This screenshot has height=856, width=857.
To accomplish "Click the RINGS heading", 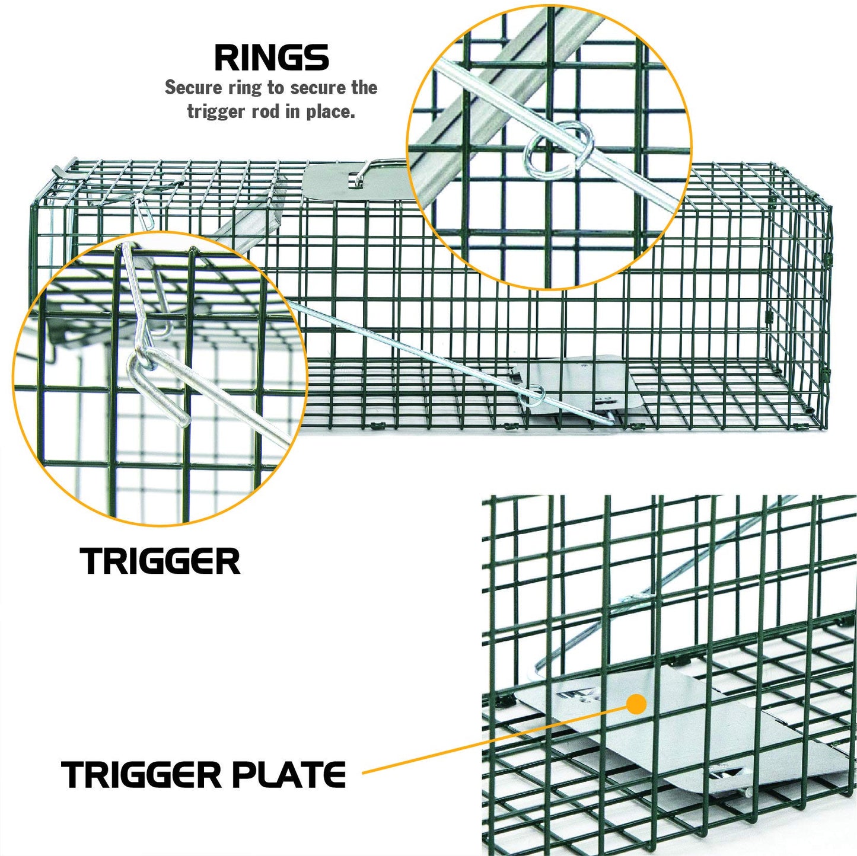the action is pyautogui.click(x=271, y=58).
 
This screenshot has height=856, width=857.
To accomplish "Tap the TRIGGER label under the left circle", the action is pyautogui.click(x=160, y=561).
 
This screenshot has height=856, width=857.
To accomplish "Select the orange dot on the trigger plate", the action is pyautogui.click(x=636, y=704).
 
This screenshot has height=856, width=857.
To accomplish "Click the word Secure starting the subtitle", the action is pyautogui.click(x=193, y=88).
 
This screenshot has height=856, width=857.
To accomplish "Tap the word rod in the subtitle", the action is pyautogui.click(x=266, y=111).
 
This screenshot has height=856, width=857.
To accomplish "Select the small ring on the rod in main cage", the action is pyautogui.click(x=536, y=393).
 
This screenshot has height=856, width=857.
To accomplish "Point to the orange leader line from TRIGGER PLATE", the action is pyautogui.click(x=492, y=741).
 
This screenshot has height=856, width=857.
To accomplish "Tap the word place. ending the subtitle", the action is pyautogui.click(x=330, y=111).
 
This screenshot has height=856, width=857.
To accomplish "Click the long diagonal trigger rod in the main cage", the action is pyautogui.click(x=415, y=350).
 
